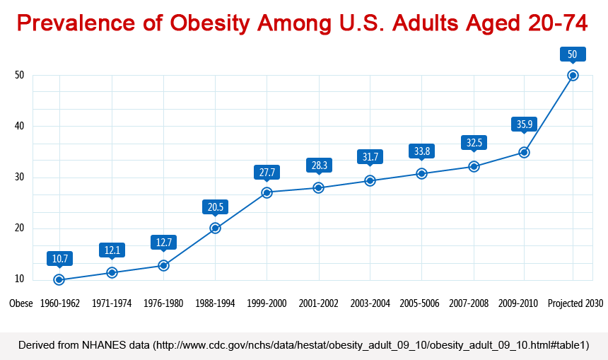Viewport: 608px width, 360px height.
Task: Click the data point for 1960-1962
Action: [x=59, y=280]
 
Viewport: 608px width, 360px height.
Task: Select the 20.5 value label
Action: [x=215, y=207]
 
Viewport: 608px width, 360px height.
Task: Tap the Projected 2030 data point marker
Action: [x=573, y=75]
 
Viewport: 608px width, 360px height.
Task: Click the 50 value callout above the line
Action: [x=573, y=54]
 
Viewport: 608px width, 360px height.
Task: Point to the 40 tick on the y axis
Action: [x=19, y=126]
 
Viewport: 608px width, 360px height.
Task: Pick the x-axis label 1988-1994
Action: [x=215, y=303]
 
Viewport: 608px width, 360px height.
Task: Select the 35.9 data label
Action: [x=524, y=124]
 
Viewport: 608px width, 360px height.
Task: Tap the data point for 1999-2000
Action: [x=267, y=192]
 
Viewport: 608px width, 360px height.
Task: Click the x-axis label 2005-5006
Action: [x=421, y=303]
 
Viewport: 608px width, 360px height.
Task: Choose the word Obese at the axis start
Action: [x=21, y=303]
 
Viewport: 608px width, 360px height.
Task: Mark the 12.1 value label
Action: [x=112, y=250]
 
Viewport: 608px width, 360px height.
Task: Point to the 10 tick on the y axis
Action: [x=19, y=279]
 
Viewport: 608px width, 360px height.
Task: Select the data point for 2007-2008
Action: [x=474, y=166]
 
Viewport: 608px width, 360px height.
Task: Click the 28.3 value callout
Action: [x=318, y=166]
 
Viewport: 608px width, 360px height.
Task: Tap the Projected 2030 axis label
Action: [x=575, y=303]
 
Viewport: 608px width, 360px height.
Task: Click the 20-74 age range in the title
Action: [x=557, y=23]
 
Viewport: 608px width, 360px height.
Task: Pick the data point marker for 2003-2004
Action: [x=370, y=180]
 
